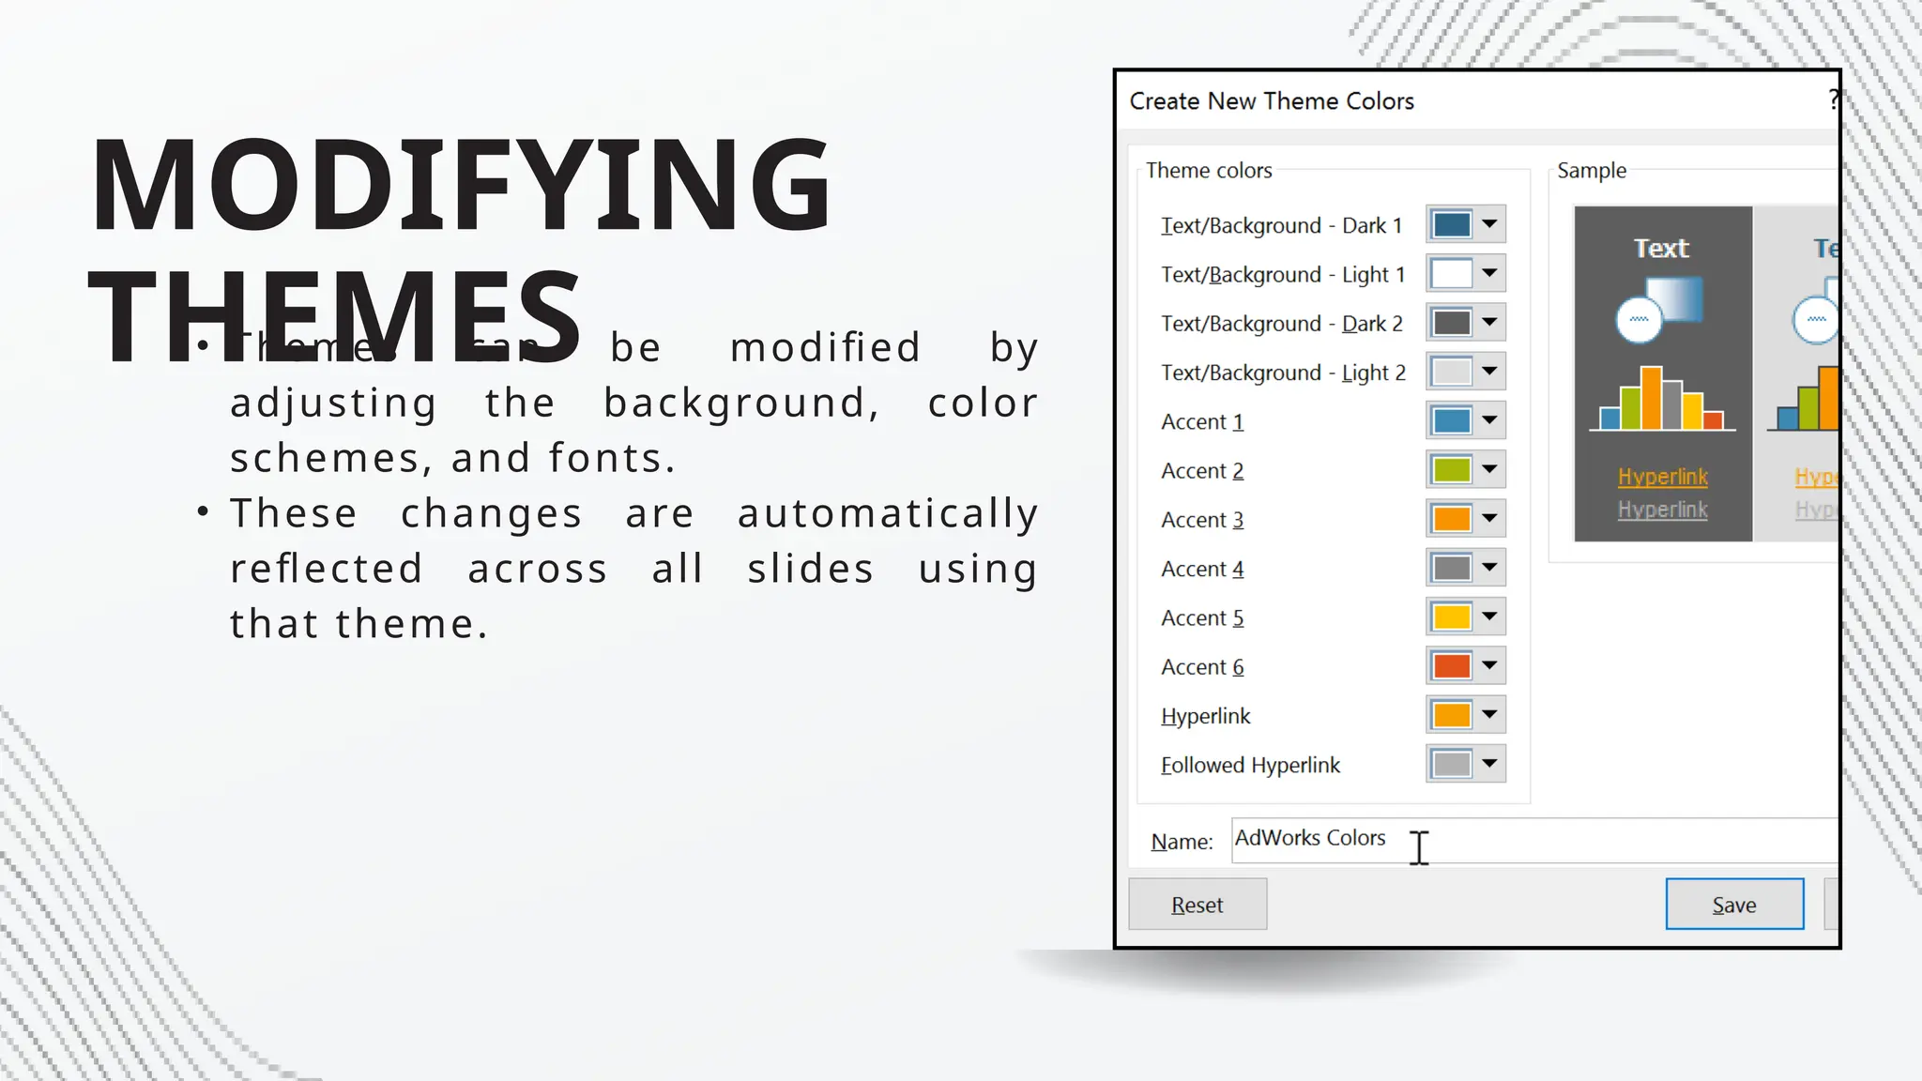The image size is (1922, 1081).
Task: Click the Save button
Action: pyautogui.click(x=1733, y=905)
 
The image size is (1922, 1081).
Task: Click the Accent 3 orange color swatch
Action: pyautogui.click(x=1451, y=518)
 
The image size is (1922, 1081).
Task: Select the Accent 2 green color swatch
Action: pyautogui.click(x=1451, y=469)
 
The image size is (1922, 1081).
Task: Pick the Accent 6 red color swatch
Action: pyautogui.click(x=1451, y=665)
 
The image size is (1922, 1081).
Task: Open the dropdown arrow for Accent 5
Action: pyautogui.click(x=1489, y=617)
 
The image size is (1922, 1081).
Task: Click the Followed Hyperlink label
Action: pyautogui.click(x=1250, y=766)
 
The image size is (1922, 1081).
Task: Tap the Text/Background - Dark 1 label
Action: pyautogui.click(x=1281, y=226)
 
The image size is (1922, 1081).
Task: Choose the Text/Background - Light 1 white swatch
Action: pyautogui.click(x=1451, y=273)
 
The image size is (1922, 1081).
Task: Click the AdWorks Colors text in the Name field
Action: pyautogui.click(x=1310, y=838)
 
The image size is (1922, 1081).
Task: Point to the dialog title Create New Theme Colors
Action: pyautogui.click(x=1272, y=101)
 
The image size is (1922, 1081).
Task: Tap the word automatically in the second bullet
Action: pyautogui.click(x=887, y=514)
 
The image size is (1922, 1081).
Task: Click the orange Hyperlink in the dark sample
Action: pyautogui.click(x=1662, y=477)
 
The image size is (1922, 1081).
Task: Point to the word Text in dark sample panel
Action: pyautogui.click(x=1661, y=249)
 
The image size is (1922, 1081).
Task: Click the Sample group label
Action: pyautogui.click(x=1592, y=171)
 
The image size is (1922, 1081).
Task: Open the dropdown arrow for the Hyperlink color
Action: pyautogui.click(x=1489, y=714)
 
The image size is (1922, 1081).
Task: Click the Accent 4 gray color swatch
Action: pyautogui.click(x=1451, y=567)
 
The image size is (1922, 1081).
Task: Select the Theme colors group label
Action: pyautogui.click(x=1209, y=171)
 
